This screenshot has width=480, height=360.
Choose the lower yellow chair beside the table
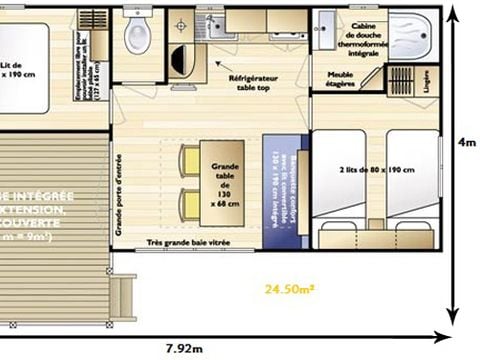pyautogui.click(x=188, y=207)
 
